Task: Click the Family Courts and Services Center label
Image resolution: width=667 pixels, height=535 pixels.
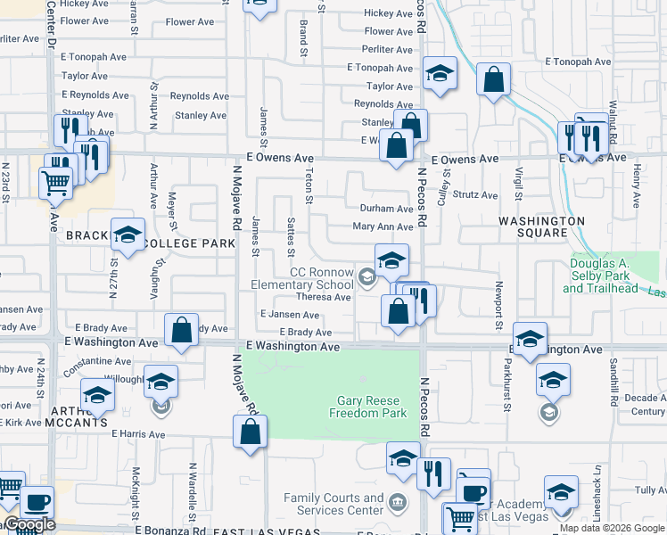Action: point(333,504)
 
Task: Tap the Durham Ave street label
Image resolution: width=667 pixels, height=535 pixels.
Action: point(386,208)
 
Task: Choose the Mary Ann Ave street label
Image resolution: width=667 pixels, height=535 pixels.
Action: point(383,227)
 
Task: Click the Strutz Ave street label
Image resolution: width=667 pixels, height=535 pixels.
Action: point(474,194)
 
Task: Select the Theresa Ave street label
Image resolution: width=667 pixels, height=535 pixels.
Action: point(323,297)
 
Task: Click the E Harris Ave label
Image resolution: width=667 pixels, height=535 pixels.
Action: point(138,434)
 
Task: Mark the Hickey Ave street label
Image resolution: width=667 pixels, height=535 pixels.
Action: point(388,13)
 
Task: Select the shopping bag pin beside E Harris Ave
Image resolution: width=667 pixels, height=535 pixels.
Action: point(251,433)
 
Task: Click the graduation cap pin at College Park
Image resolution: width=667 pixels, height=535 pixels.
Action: point(128,235)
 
